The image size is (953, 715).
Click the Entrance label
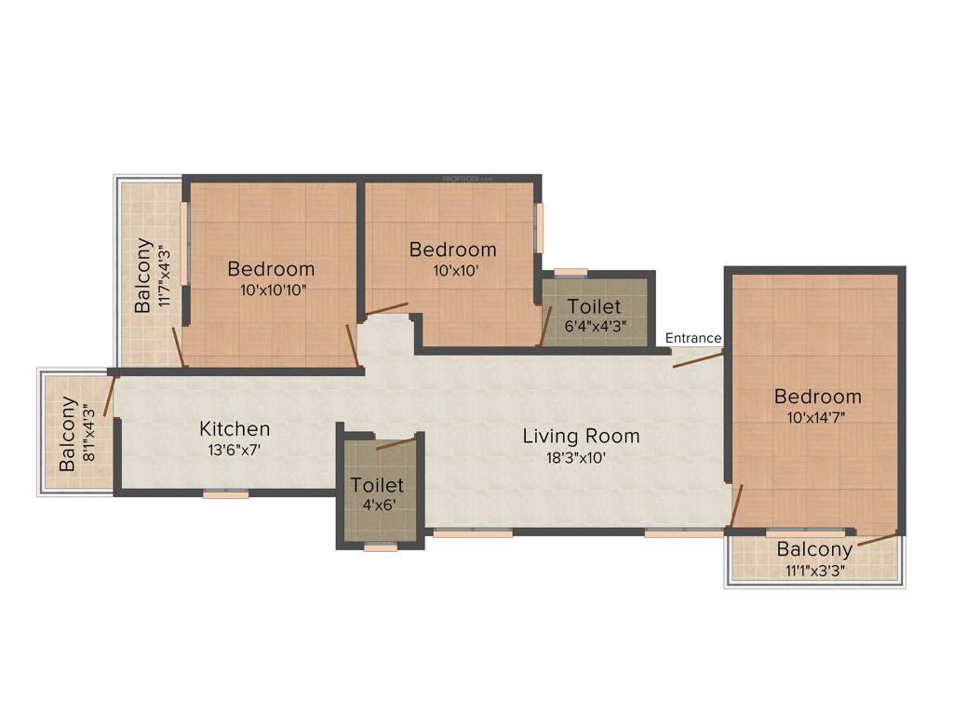(693, 338)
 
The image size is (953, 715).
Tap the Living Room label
(581, 436)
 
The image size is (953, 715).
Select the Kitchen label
(235, 429)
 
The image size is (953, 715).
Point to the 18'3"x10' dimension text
(581, 457)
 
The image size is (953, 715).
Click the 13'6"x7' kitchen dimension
(235, 451)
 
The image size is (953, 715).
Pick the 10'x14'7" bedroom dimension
(817, 418)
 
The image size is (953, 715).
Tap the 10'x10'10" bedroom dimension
(272, 290)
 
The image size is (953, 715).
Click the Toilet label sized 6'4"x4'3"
(594, 306)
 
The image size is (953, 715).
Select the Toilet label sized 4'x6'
(377, 485)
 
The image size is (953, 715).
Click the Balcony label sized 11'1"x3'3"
(815, 548)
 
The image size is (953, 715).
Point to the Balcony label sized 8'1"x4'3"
(68, 434)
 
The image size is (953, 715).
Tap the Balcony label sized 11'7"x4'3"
(143, 276)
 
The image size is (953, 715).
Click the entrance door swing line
(697, 358)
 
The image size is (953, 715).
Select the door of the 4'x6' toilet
(396, 441)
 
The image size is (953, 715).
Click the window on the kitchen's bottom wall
(226, 494)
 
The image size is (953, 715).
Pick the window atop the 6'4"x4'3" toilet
(570, 272)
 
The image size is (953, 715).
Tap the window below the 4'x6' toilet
(381, 547)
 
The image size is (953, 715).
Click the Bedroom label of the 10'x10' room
(452, 250)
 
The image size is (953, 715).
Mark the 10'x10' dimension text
(452, 271)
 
